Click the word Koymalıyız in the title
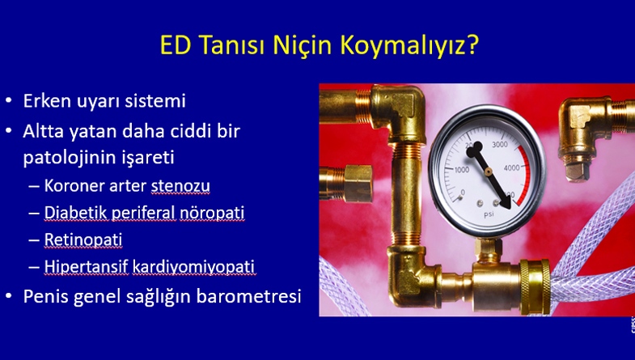tap(409, 45)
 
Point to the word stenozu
tap(180, 186)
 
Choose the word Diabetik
tap(76, 213)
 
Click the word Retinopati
tap(83, 239)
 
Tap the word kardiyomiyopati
tap(193, 267)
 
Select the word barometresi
tap(248, 296)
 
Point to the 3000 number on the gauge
tap(499, 145)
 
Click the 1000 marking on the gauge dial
tap(462, 170)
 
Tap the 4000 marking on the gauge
tap(511, 167)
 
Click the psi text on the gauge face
tap(489, 214)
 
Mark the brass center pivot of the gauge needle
tap(489, 172)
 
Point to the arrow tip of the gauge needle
tap(508, 207)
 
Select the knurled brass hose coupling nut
tap(535, 286)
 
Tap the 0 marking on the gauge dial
tap(463, 193)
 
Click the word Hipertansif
tap(86, 267)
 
